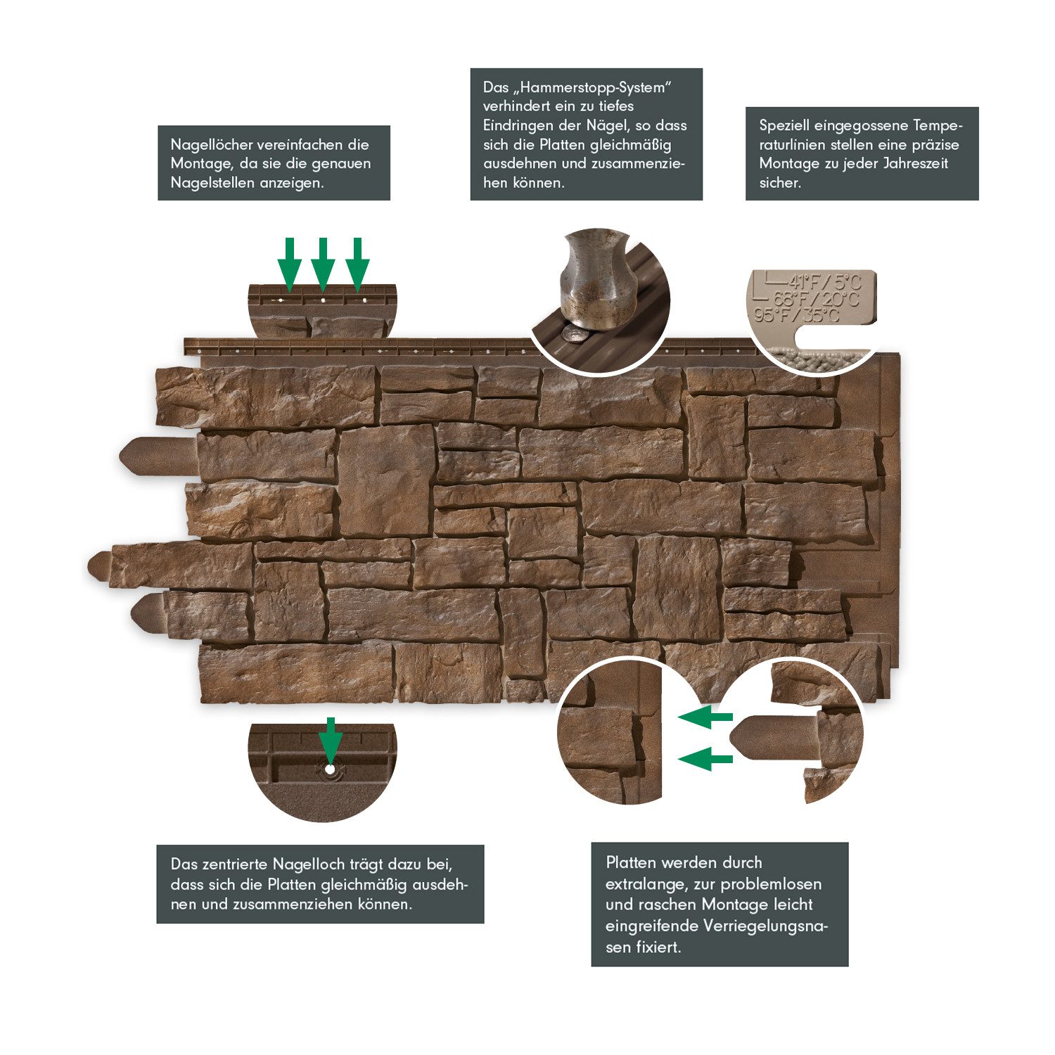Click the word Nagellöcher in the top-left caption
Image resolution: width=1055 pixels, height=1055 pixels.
click(211, 145)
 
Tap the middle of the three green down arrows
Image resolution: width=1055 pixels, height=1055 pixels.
click(323, 264)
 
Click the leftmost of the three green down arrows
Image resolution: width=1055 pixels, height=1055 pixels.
click(289, 264)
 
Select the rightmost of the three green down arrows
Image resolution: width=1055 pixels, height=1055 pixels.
click(357, 264)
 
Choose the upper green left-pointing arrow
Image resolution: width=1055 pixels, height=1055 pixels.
click(705, 717)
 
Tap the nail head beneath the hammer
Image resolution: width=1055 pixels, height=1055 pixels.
click(575, 334)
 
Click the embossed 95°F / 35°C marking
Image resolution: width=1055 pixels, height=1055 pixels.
click(797, 315)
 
